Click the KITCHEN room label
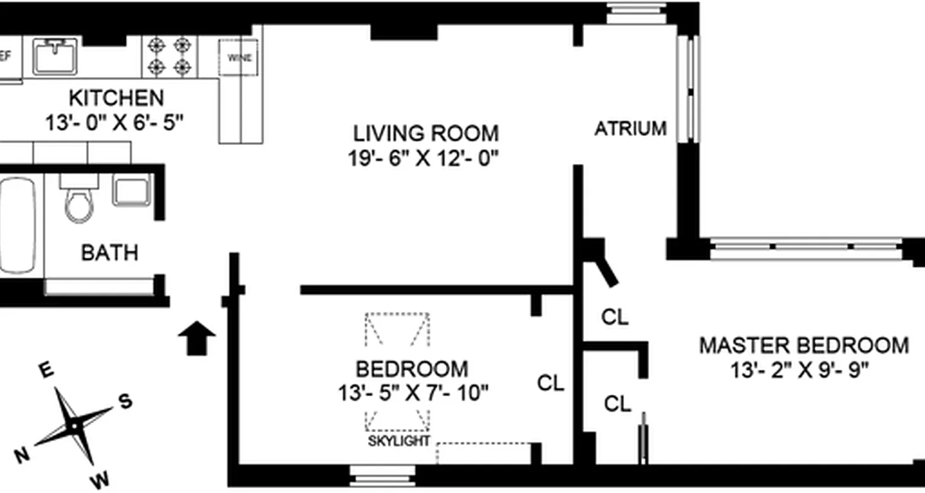[116, 98]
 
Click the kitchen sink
[55, 56]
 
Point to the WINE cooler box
[239, 58]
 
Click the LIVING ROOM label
[425, 133]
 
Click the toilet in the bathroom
[79, 200]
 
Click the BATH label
[110, 253]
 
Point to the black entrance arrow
[197, 338]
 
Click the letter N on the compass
[22, 455]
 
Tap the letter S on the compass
[125, 401]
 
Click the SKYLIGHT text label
[399, 441]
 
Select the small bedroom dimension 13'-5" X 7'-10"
[413, 393]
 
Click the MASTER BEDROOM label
[804, 345]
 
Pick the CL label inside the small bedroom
[551, 383]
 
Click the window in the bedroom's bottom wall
[382, 475]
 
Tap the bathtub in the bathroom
[17, 225]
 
